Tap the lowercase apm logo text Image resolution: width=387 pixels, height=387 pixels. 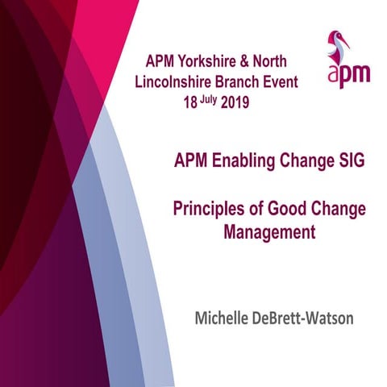point(348,75)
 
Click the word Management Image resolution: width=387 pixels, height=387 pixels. point(268,234)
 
